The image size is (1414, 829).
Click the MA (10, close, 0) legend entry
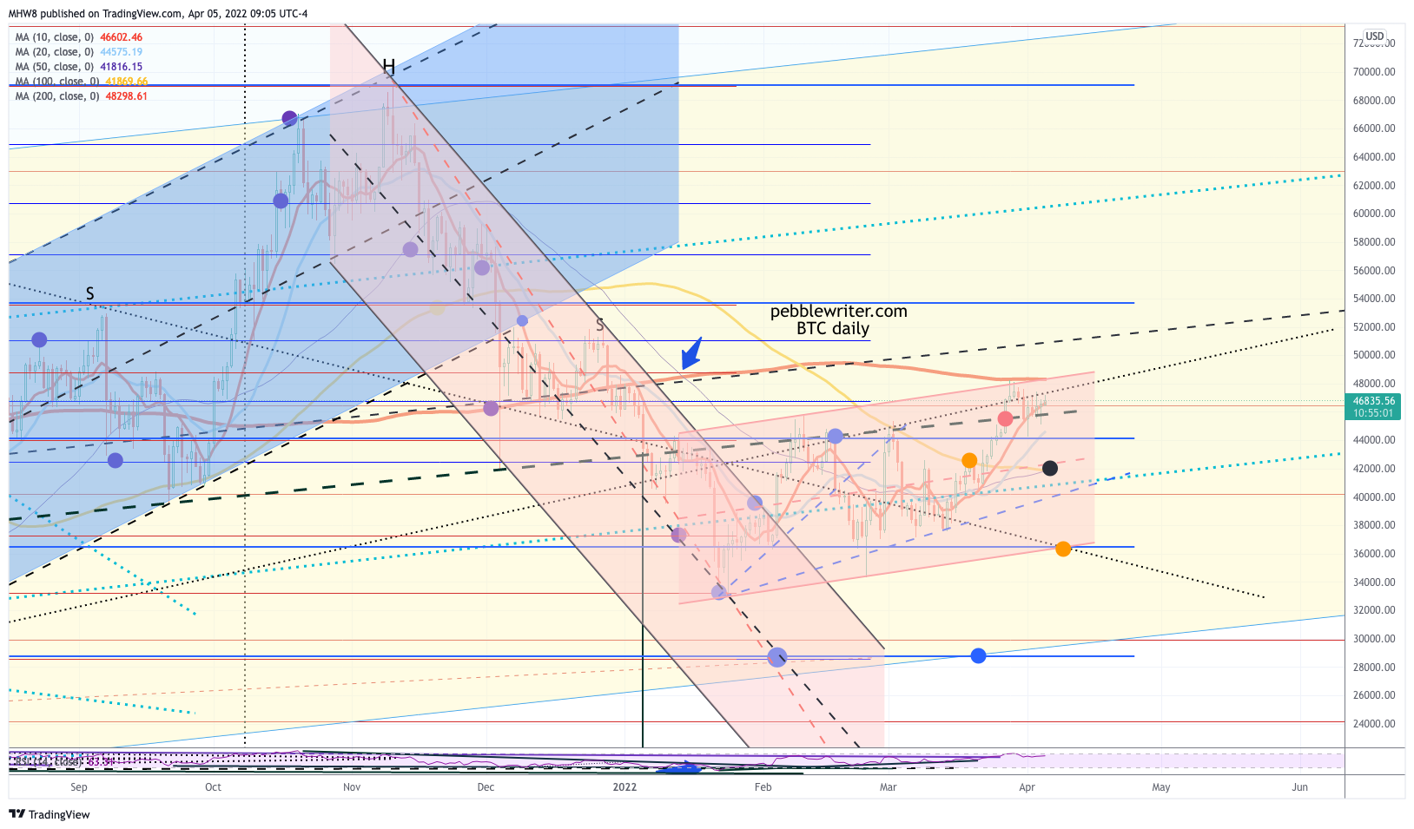54,37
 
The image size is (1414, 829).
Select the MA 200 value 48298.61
126,96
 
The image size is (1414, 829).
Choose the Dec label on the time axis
486,787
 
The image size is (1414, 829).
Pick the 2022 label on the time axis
624,787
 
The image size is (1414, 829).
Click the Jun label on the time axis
1299,787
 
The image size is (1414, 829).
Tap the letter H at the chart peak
388,67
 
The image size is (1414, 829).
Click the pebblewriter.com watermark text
838,312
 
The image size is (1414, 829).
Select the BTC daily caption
832,329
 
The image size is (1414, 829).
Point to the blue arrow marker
691,353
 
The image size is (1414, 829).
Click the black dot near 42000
1049,469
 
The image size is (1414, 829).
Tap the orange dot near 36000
1063,549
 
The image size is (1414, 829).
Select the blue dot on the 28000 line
978,656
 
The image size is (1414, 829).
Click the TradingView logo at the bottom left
50,814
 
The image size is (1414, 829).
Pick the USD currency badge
1374,36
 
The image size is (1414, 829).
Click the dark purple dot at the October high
289,118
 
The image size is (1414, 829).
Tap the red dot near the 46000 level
1005,419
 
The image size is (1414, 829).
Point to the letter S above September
90,293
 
